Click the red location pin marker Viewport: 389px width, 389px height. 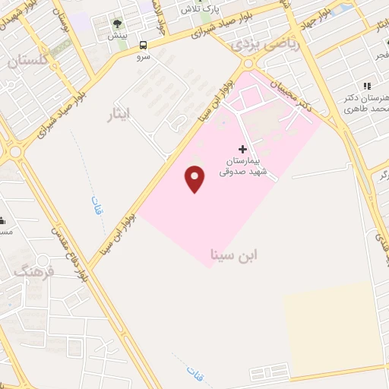195,179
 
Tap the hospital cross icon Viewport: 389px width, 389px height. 243,149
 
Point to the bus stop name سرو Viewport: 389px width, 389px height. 144,56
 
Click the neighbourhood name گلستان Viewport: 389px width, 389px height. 28,60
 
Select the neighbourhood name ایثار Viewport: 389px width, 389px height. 119,115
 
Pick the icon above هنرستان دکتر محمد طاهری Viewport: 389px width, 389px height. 367,87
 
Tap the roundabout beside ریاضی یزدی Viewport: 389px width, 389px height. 248,64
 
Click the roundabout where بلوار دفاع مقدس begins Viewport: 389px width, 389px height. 14,152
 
